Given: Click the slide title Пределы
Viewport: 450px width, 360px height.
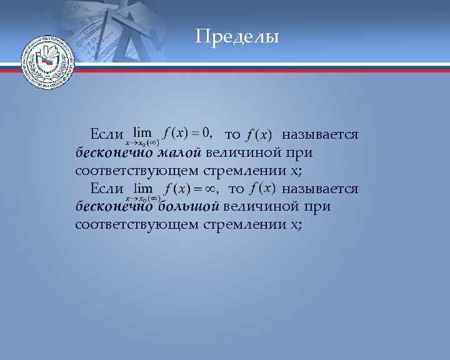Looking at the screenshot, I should coord(237,37).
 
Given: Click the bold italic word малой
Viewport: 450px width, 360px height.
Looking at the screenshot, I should coord(179,152).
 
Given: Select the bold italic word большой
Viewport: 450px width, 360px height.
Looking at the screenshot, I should coord(188,207).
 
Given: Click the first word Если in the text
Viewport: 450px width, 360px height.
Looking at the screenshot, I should coord(106,134).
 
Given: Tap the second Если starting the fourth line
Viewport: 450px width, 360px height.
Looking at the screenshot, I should coord(106,189).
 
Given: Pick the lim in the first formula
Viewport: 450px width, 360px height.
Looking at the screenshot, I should coord(143,133).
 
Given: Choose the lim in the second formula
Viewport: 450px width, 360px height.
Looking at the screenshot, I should coord(144,188).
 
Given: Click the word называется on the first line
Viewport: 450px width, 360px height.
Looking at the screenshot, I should coord(320,134).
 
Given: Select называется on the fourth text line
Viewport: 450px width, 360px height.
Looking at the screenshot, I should coord(320,189).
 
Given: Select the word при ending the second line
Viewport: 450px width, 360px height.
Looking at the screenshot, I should coord(299,152).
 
